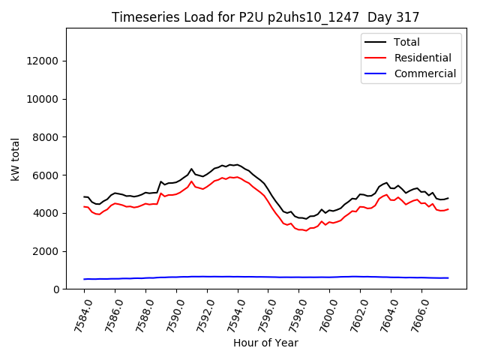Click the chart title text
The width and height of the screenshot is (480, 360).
coord(265,17)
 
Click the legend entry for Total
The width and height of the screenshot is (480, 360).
coord(407,42)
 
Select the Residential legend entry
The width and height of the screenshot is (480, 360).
coord(422,58)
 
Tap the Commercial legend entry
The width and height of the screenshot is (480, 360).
coord(424,73)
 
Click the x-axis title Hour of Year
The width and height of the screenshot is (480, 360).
coord(265,343)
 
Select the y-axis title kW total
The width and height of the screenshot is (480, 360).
coord(16,158)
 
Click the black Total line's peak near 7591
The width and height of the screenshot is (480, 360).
coord(191,169)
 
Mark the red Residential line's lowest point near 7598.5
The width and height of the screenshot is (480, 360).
coord(306,230)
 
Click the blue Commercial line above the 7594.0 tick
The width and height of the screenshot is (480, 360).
coord(238,277)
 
